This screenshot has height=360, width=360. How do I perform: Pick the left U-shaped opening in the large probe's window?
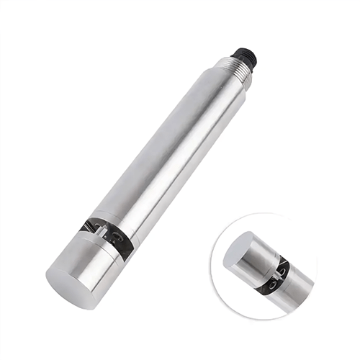pos(98,233)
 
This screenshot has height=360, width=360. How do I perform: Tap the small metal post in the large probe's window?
pos(108,235)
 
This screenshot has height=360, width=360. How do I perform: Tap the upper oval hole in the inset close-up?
pos(282,267)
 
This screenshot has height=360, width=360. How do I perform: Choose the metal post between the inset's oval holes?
pos(279,276)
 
